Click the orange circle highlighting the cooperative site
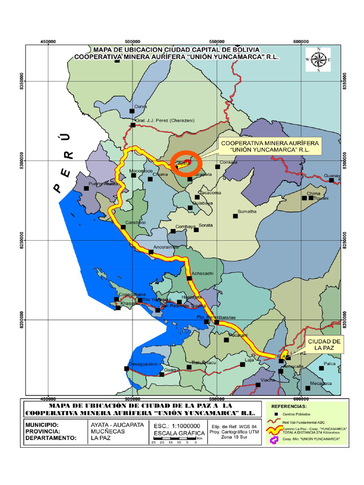(186, 163)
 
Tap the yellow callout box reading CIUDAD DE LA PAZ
(324, 345)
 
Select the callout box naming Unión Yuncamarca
(270, 146)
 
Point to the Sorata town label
(206, 225)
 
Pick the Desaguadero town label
(142, 364)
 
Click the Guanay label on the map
(332, 176)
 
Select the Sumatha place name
(247, 212)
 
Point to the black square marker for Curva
(132, 111)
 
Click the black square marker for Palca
(321, 368)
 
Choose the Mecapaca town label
(322, 384)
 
